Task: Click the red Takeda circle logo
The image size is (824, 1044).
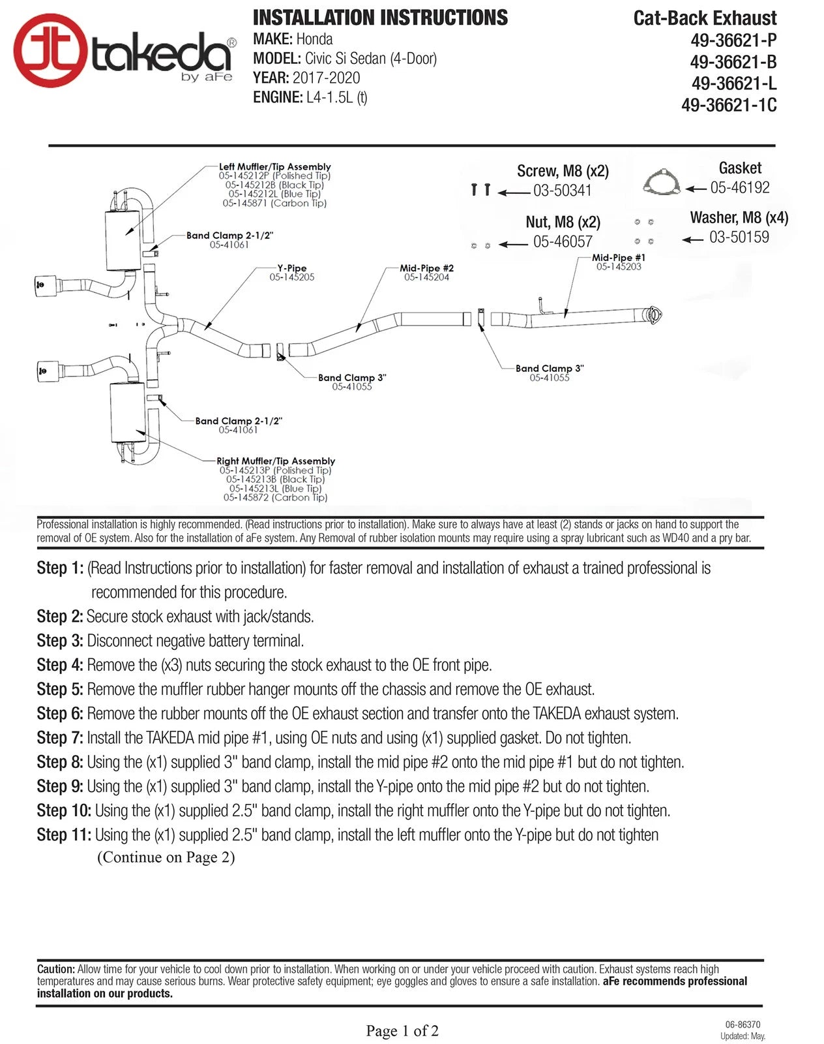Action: coord(50,50)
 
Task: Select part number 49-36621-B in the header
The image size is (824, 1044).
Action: coord(733,62)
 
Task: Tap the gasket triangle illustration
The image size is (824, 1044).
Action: coord(661,183)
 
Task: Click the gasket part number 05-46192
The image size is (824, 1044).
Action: coord(739,188)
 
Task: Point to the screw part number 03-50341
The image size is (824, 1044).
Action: coord(562,191)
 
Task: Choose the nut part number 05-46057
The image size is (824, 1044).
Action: coord(562,242)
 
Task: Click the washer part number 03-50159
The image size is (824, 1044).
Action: coord(739,238)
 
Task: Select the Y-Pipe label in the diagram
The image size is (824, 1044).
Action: coord(291,268)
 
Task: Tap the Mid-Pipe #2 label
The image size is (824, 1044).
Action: coord(426,268)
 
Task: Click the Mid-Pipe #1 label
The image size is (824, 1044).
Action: coord(618,258)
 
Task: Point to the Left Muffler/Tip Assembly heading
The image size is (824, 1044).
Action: coord(274,167)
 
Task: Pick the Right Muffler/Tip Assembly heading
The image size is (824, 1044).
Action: coord(276,461)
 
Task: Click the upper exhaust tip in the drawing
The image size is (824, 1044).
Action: coord(45,284)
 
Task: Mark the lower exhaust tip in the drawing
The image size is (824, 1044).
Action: coord(45,370)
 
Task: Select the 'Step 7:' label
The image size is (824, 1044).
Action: coord(60,738)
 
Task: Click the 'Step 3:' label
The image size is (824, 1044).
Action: coord(60,641)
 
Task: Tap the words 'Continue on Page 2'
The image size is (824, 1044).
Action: coord(166,857)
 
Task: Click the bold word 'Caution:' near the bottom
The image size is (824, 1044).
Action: coord(56,970)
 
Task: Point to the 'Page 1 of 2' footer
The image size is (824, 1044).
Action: coord(402,1031)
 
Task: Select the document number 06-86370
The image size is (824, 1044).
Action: coord(743,1025)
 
